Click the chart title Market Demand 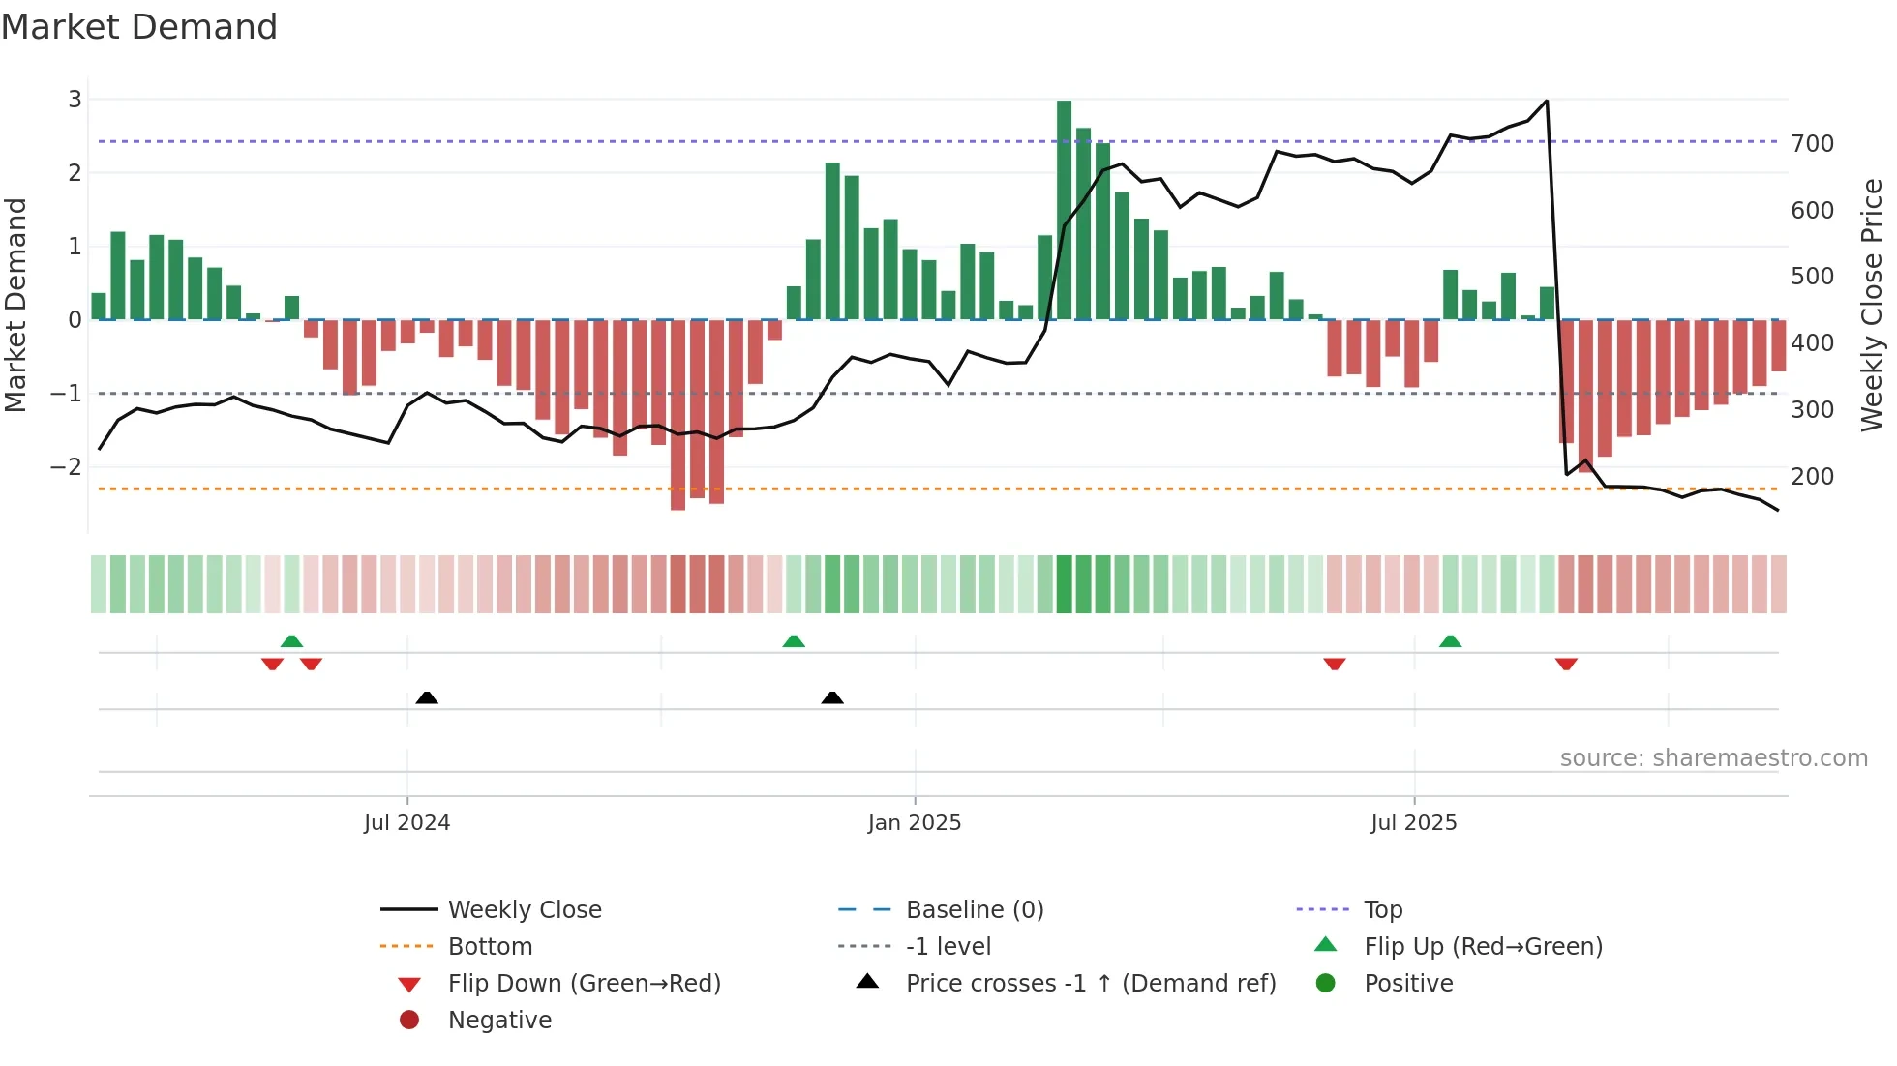(x=139, y=27)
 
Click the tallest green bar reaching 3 (x=1064, y=209)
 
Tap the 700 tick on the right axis (x=1812, y=144)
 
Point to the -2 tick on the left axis (x=66, y=467)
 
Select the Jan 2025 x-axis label (x=914, y=823)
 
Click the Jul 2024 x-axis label (x=406, y=823)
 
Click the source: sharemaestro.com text (x=1713, y=758)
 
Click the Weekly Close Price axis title (x=1872, y=305)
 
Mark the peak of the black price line (x=1546, y=101)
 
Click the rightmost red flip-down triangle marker (x=1566, y=664)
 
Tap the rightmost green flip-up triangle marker (x=1450, y=641)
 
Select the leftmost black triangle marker (x=427, y=697)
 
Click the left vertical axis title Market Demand (x=15, y=305)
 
